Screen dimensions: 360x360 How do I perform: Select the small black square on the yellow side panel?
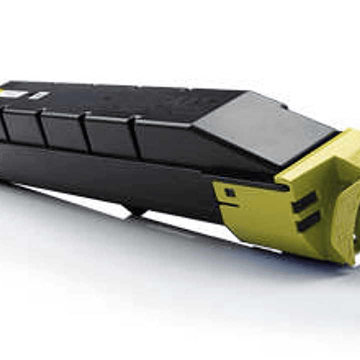(x=230, y=192)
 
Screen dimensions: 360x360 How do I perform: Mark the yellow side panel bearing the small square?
(x=250, y=210)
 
